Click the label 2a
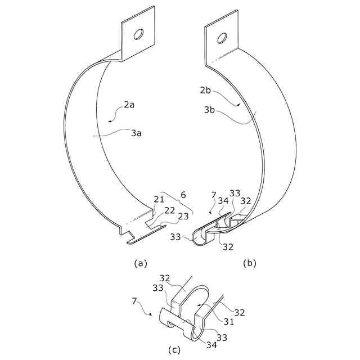[130, 104]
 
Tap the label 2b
[205, 90]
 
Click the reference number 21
[159, 200]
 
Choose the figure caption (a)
[140, 263]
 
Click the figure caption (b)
[249, 263]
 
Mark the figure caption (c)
[174, 350]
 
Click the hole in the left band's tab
[137, 35]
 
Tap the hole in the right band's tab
[222, 38]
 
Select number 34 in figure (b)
[223, 201]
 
